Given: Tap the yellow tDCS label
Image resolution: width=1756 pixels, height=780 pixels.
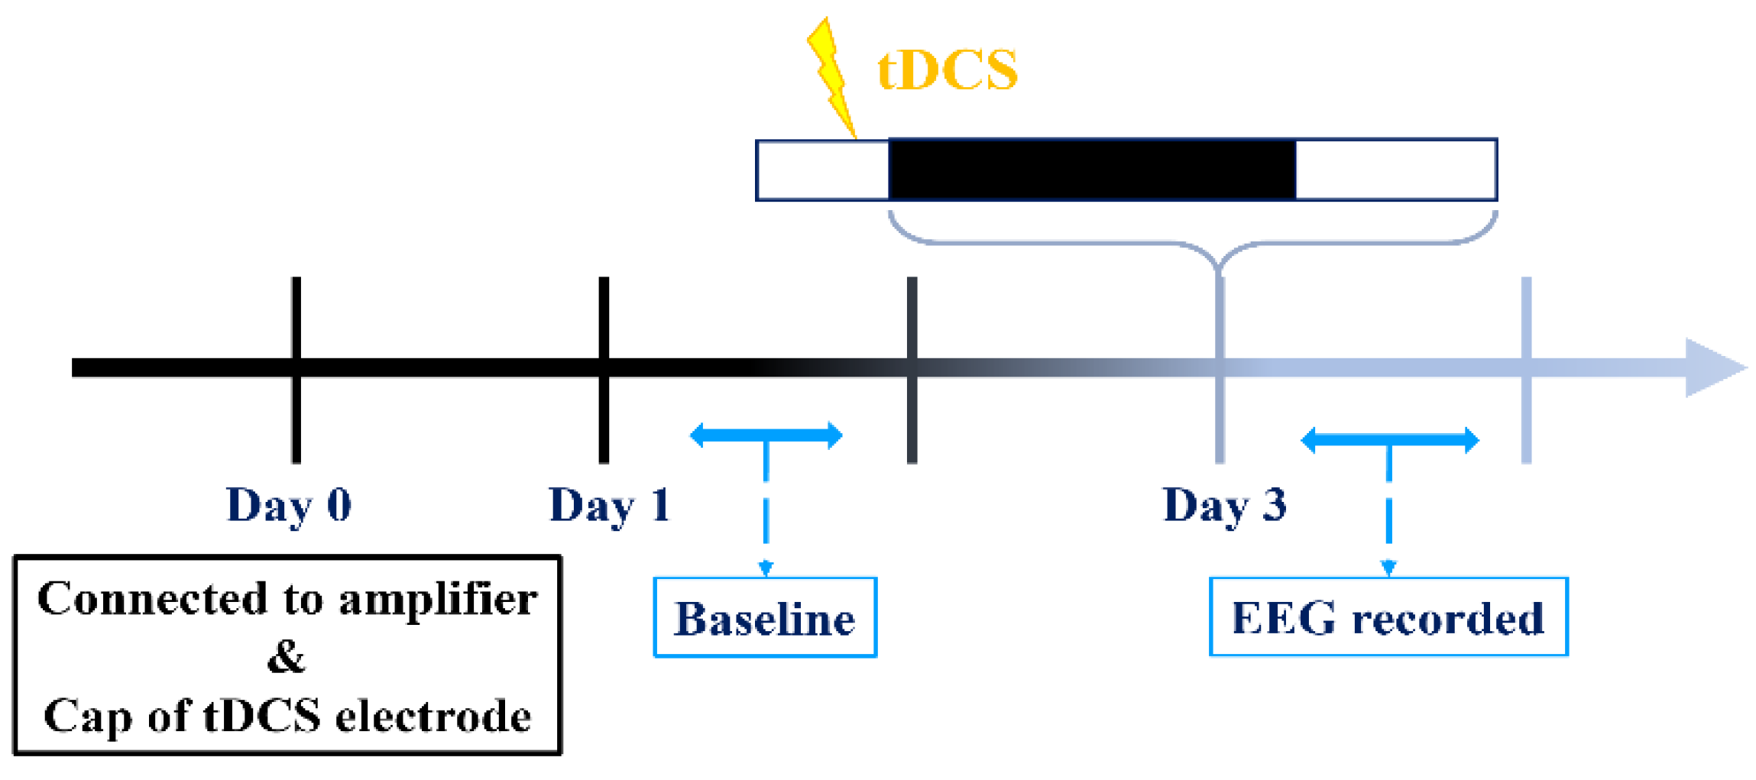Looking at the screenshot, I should click(947, 70).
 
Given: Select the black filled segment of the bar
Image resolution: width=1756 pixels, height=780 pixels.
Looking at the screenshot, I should click(1092, 170).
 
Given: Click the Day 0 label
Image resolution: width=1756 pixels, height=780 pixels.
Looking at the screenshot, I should click(289, 506).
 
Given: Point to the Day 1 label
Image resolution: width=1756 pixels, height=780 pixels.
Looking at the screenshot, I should click(609, 506).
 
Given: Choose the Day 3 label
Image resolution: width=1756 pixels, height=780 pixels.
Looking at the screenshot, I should click(1224, 506).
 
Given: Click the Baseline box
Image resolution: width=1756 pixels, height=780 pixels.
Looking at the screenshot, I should click(765, 617).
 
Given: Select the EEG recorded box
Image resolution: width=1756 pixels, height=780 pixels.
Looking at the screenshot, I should click(1388, 617).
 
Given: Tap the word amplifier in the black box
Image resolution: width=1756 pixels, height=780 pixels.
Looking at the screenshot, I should click(438, 600).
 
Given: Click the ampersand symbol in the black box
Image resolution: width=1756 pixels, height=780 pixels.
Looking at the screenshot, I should click(287, 656).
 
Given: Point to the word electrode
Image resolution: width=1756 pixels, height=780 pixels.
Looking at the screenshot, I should click(433, 717).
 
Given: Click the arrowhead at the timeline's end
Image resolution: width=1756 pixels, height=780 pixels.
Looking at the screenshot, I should click(1712, 367).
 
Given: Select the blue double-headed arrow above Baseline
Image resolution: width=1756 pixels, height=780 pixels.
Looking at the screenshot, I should click(766, 435).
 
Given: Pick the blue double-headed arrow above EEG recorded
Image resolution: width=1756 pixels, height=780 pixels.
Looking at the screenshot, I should click(1389, 440).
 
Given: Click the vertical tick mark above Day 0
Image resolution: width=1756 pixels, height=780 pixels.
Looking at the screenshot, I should click(296, 321).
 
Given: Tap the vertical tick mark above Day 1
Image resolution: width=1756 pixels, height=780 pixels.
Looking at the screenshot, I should click(604, 321).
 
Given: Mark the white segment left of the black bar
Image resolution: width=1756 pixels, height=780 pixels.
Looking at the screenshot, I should click(822, 170).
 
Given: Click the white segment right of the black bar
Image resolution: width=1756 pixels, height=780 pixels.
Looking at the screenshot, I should click(1395, 170).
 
